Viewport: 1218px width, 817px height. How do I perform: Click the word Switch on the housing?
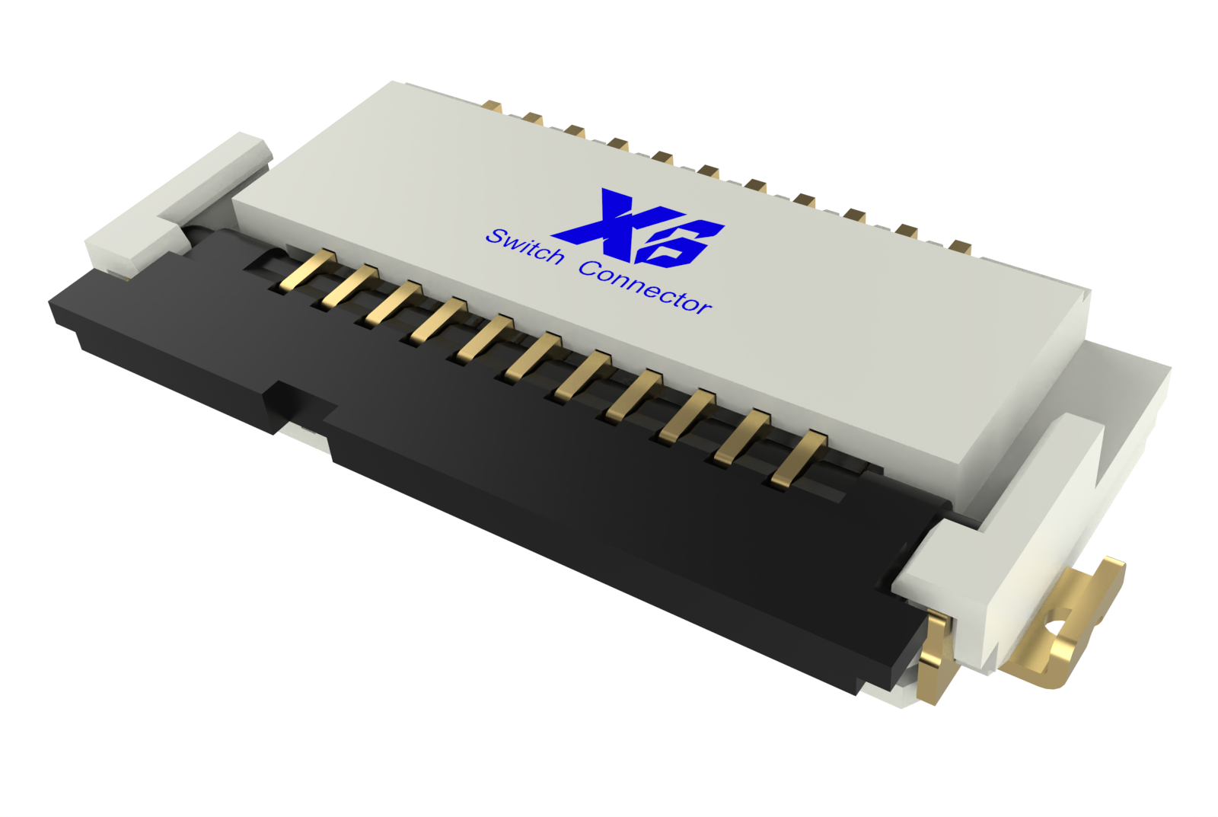click(525, 245)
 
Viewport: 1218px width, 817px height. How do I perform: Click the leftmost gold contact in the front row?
click(309, 270)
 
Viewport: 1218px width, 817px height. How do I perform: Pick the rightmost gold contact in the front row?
click(799, 457)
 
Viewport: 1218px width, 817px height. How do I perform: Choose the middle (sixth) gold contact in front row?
click(533, 356)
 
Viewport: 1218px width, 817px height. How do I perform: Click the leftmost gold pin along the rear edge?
click(493, 107)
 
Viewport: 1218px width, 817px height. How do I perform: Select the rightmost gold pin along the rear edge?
click(961, 246)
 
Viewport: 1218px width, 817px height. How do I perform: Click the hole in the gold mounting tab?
click(1057, 628)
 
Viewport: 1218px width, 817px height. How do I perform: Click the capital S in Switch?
click(497, 237)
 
